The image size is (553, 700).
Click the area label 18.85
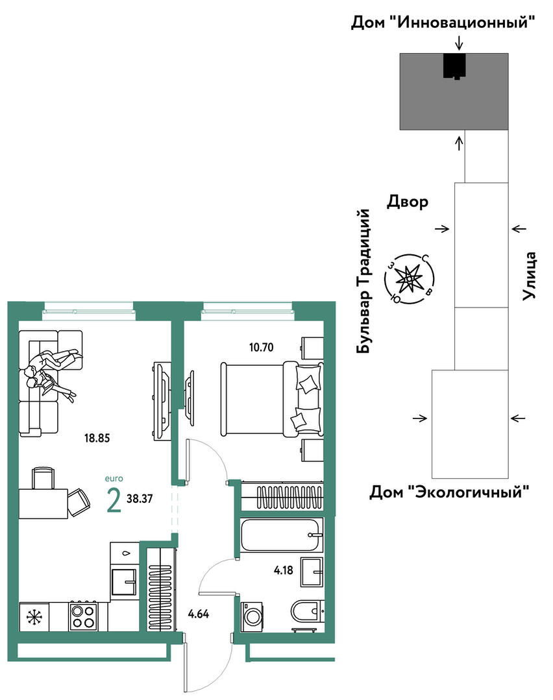[97, 438]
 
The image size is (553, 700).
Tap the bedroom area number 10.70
[262, 347]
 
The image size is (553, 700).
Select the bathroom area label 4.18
[284, 570]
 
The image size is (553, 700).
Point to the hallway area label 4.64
[199, 614]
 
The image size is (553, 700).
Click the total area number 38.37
[140, 499]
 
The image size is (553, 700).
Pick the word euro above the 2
[114, 479]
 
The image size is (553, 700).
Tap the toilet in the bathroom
[307, 610]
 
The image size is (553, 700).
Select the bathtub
[282, 535]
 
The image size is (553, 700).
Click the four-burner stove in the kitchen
[84, 616]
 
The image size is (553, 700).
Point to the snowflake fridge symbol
[34, 616]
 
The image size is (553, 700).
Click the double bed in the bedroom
[272, 399]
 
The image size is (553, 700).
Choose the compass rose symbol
[409, 279]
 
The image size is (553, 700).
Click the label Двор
[408, 202]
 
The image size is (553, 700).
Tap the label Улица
[530, 276]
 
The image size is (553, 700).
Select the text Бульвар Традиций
[364, 282]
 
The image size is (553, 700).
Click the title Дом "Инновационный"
[443, 21]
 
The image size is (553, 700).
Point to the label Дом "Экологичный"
[449, 492]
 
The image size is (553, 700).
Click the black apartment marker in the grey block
[455, 66]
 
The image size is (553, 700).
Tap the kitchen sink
[124, 582]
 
